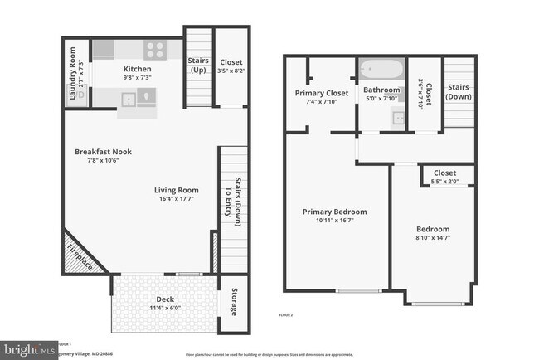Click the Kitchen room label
point(137,69)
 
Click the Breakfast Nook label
point(103,152)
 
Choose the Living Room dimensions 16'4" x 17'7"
point(177,198)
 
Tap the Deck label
point(165,299)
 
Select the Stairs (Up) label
point(197,66)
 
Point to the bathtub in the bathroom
point(381,69)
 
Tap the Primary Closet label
point(321,93)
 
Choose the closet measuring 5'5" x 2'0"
point(449,178)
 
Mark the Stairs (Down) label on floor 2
point(459,91)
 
